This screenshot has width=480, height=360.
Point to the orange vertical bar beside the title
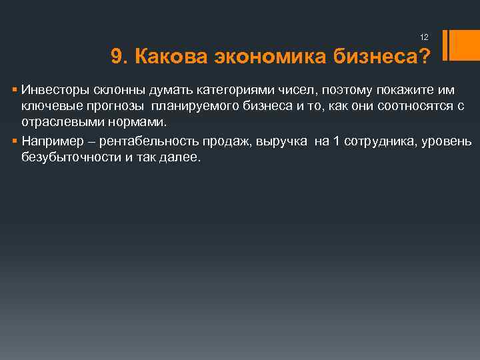[x=456, y=45]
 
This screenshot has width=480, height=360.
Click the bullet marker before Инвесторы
[x=15, y=89]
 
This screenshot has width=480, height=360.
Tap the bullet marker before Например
[x=15, y=141]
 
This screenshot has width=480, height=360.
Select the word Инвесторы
[x=51, y=89]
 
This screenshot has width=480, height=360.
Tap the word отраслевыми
[x=57, y=124]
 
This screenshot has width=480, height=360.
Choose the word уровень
[x=446, y=141]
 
